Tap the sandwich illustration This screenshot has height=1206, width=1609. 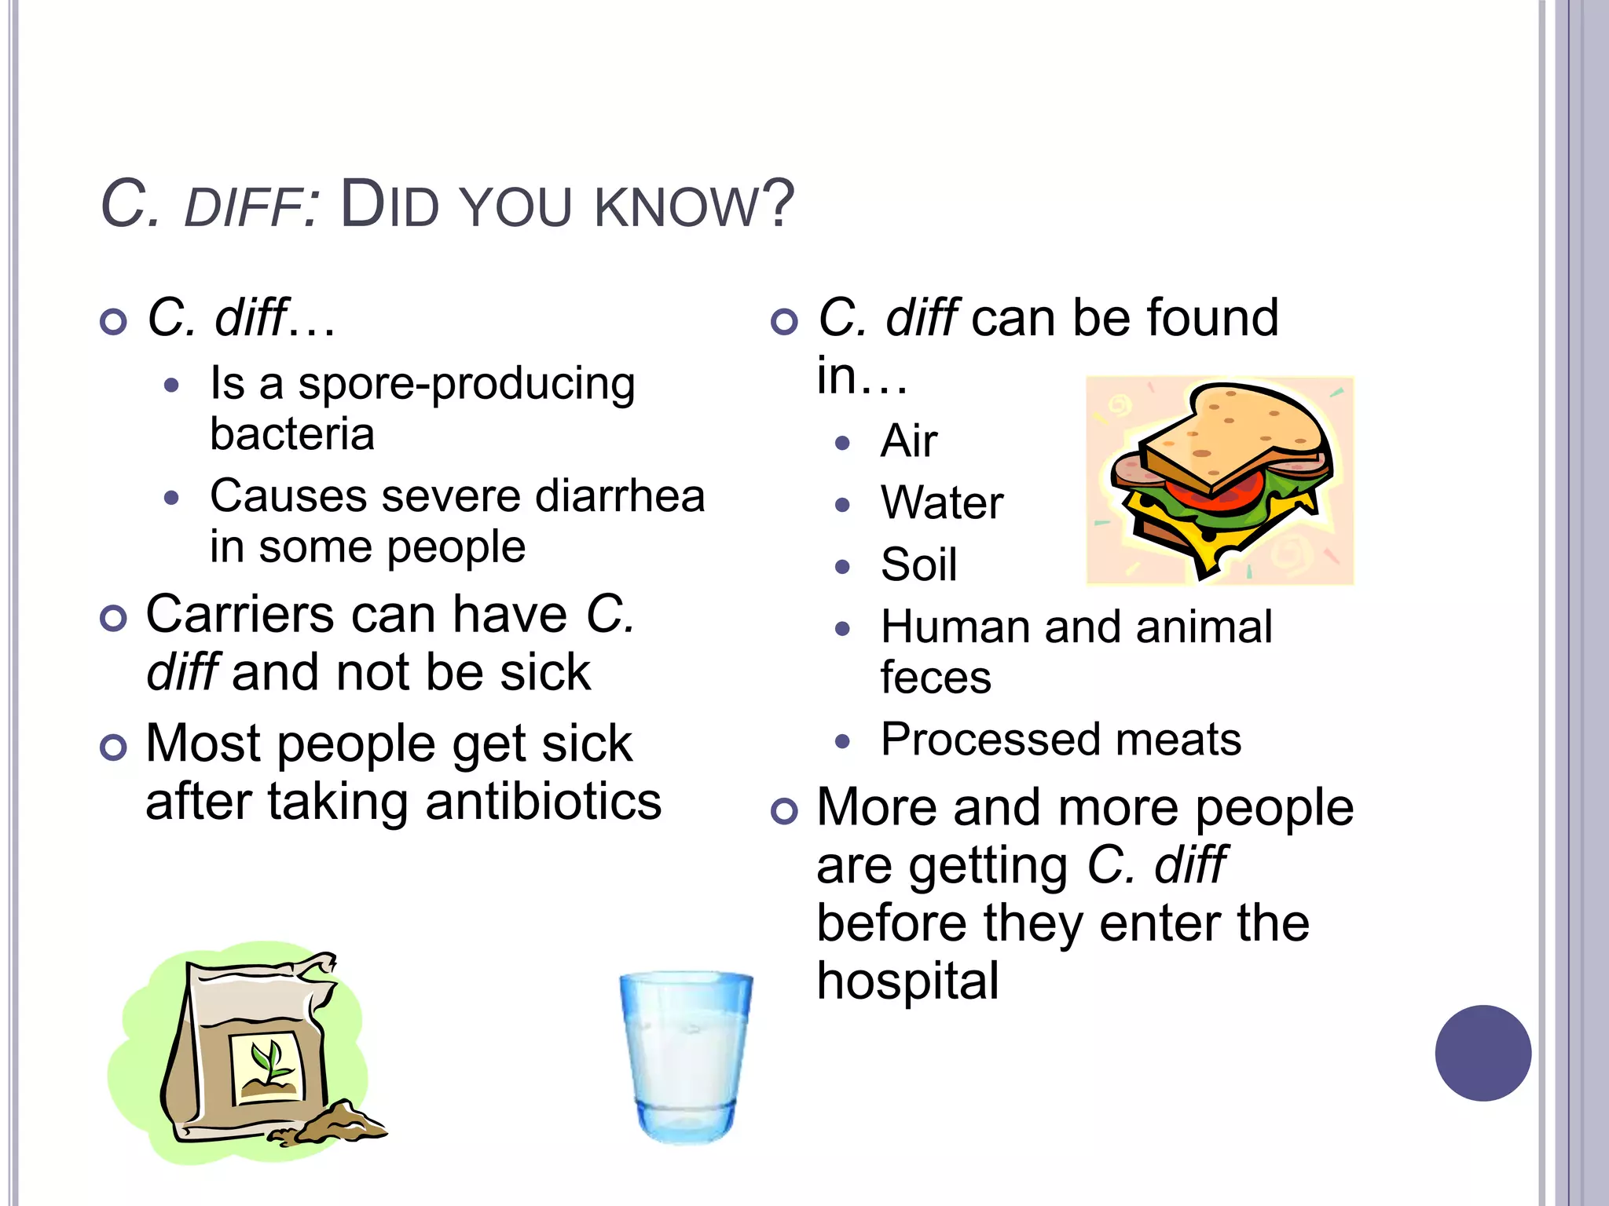(x=1220, y=481)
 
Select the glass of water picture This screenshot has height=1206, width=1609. (x=685, y=1055)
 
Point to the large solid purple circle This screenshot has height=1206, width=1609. (x=1483, y=1053)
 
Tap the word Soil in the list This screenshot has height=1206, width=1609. (x=919, y=565)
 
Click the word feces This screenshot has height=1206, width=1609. (x=936, y=678)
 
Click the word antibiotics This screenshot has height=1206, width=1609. (x=543, y=802)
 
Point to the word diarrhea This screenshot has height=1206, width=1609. (x=620, y=496)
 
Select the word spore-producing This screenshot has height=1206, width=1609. (x=467, y=386)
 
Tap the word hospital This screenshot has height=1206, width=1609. (x=907, y=981)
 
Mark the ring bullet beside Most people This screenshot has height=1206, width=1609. (x=114, y=747)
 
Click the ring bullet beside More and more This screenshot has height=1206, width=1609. (x=784, y=811)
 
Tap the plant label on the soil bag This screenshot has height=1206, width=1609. (x=266, y=1068)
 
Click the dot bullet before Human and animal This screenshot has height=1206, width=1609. (x=843, y=629)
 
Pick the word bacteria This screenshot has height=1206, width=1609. (x=292, y=434)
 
